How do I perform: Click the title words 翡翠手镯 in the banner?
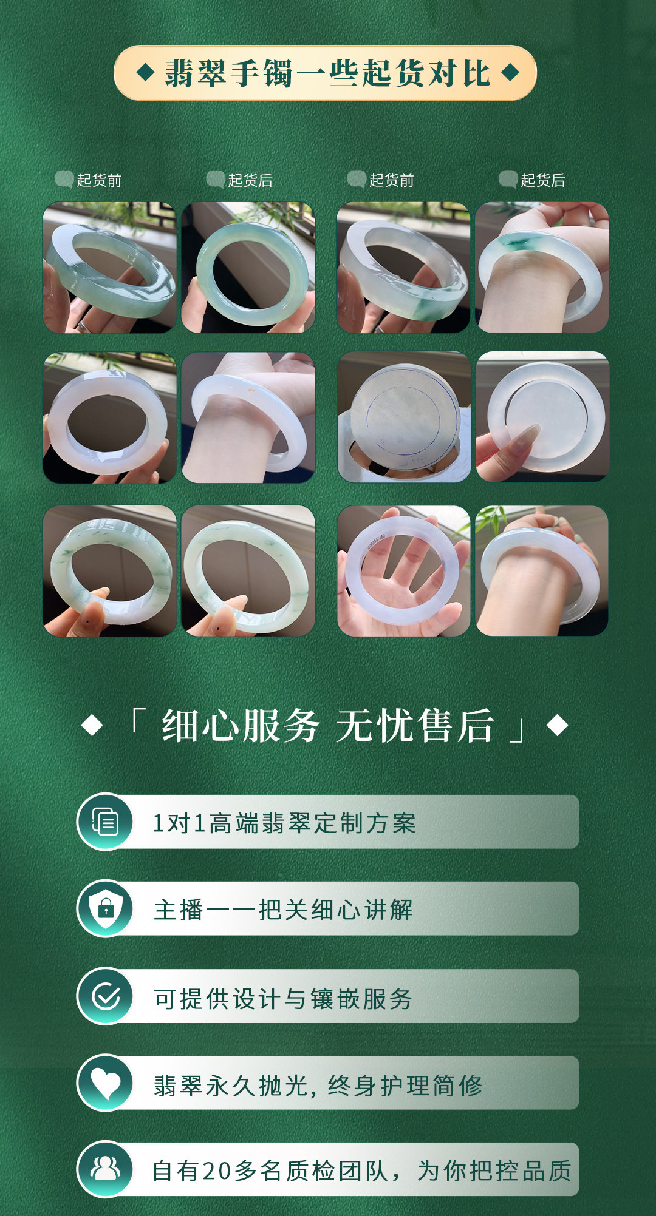(228, 73)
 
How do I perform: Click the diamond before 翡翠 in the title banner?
(145, 73)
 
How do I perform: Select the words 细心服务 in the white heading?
(241, 725)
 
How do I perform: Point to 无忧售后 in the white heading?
(415, 725)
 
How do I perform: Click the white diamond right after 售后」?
(557, 725)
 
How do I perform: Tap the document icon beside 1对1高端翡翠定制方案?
(105, 822)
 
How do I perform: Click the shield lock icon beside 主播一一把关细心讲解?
(105, 908)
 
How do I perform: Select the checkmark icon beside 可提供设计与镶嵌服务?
(105, 996)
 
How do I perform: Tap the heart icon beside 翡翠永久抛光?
(105, 1083)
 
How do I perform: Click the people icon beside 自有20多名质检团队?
(105, 1169)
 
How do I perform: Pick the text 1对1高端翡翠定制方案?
(284, 823)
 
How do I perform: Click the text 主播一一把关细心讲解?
(284, 910)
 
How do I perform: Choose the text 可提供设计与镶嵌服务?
(284, 998)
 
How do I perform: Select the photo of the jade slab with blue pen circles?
(404, 417)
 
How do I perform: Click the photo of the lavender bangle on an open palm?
(404, 571)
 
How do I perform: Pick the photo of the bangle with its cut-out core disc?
(542, 417)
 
